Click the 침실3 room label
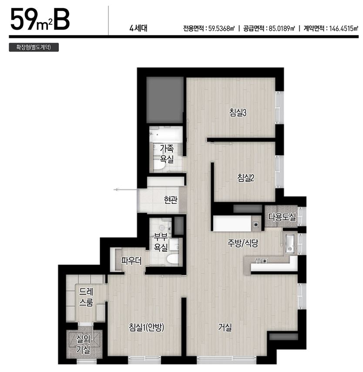pos(238,112)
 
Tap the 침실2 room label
pos(245,178)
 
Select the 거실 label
pos(225,328)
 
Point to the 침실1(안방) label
pos(146,328)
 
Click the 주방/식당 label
pos(242,243)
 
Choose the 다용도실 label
pos(282,217)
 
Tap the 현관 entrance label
pos(171,200)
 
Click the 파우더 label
pos(131,261)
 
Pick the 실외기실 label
pos(83,344)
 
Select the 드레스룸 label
pos(86,297)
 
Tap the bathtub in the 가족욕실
pos(166,134)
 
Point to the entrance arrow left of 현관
pos(125,189)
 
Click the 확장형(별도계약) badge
pos(34,47)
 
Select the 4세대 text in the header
pos(138,28)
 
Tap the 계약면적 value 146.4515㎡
pos(343,29)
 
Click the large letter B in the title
pos(62,20)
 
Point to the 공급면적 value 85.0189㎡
pos(282,29)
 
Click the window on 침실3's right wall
pos(280,108)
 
